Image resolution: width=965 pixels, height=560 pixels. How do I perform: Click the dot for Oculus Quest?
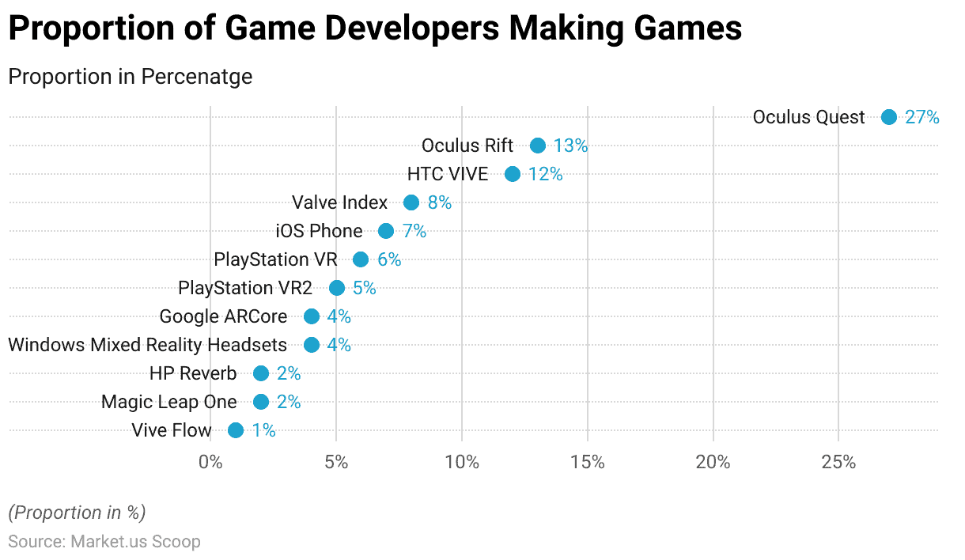point(889,117)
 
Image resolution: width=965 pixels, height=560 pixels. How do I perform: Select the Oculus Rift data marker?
point(538,146)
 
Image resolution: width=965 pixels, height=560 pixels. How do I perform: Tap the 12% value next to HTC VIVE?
point(545,174)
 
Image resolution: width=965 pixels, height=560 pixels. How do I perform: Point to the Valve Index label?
point(339,202)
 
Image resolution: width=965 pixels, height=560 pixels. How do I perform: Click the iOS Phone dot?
point(386,231)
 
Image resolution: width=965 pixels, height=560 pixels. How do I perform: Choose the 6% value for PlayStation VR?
point(388,259)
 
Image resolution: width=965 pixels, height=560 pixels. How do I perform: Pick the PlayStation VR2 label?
point(245,288)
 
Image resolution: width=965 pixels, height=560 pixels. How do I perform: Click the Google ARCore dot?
point(312,316)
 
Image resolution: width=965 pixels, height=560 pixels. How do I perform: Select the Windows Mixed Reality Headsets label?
point(147,345)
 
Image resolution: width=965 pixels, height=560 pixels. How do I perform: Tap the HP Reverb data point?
point(261,373)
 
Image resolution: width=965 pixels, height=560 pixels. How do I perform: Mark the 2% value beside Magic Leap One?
point(289,402)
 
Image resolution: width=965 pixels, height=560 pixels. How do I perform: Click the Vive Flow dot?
point(236,430)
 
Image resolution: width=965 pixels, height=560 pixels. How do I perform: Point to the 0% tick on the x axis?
point(210,462)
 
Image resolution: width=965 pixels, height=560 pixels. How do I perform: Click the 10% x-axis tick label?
point(462,462)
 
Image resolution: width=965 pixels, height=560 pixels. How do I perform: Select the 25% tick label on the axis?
point(838,462)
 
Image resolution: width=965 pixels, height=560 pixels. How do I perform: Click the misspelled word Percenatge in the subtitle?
point(197,77)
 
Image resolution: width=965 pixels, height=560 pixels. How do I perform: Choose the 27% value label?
point(922,117)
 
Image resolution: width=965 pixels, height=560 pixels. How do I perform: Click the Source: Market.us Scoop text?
point(104,542)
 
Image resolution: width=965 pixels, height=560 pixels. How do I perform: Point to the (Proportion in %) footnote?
point(77,513)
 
